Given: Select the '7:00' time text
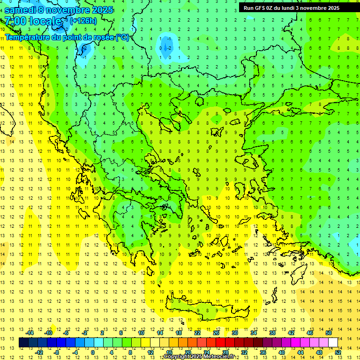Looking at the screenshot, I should coord(15,21).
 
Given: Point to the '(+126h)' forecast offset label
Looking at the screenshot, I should coord(83,21).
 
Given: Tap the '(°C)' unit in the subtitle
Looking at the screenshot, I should coord(122,37).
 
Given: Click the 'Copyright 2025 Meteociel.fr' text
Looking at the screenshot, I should coord(199,357).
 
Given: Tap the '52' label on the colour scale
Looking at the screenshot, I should coord(338,352).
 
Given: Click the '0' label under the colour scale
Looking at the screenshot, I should coord(92,352).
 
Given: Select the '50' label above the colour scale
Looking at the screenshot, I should coord(329,333).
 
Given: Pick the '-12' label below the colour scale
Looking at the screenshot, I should coord(39,352).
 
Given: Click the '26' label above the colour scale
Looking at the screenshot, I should coord(216,333).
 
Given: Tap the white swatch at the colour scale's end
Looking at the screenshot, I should coord(333,342).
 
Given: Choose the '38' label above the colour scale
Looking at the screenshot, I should coord(272,333).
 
